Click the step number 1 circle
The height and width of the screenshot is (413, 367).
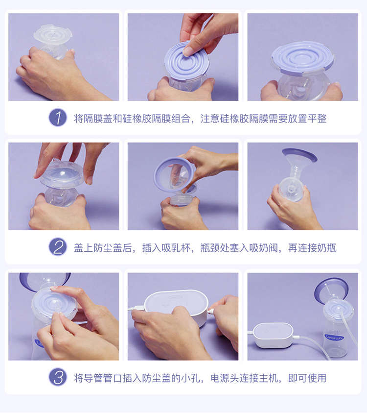click(x=58, y=118)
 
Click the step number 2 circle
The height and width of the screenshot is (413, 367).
click(x=58, y=247)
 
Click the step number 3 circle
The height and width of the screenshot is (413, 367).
click(x=58, y=377)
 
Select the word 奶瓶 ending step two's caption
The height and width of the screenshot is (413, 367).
click(x=327, y=248)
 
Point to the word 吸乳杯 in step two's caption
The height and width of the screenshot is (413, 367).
click(x=176, y=248)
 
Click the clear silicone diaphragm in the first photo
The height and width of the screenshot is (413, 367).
click(x=53, y=35)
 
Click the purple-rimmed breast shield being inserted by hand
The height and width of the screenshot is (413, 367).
click(x=174, y=174)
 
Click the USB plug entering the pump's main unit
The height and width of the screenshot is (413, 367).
click(x=137, y=308)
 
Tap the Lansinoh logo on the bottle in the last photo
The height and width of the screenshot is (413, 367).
click(x=334, y=338)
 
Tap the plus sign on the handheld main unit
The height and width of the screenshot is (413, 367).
click(x=165, y=305)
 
